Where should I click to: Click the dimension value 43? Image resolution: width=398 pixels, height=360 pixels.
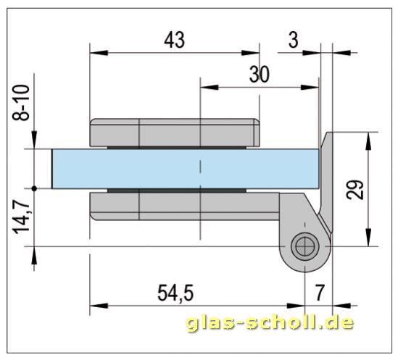pyautogui.click(x=174, y=41)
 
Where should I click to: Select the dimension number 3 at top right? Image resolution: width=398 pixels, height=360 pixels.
pyautogui.click(x=293, y=41)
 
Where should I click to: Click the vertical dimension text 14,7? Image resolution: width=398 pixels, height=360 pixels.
pyautogui.click(x=22, y=217)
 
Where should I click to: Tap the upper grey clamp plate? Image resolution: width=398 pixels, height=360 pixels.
pyautogui.click(x=174, y=132)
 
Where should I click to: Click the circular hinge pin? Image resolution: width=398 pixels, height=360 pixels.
pyautogui.click(x=304, y=247)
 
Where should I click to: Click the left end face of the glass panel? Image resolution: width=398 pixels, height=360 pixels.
pyautogui.click(x=52, y=169)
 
